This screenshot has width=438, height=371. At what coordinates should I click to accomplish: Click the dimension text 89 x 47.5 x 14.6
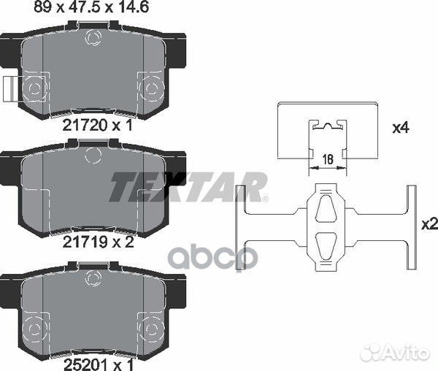91,7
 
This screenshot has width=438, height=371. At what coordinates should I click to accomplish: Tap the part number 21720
85,126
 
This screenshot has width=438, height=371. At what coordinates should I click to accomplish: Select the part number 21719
85,242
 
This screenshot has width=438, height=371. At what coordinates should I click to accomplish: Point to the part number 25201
85,364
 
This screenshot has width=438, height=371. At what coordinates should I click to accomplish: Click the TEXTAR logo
188,187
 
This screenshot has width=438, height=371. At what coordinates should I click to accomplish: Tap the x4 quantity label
401,129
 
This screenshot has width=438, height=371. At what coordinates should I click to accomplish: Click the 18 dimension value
328,160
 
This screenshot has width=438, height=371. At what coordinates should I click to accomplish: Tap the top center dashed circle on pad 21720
93,37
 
